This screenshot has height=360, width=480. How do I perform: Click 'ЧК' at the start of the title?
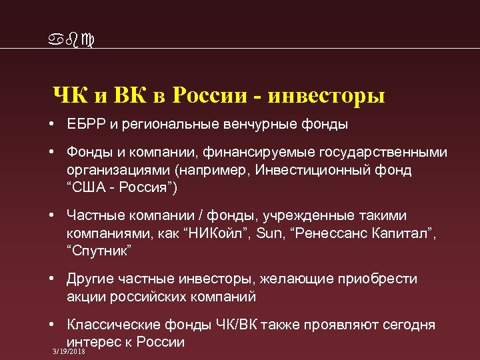65,95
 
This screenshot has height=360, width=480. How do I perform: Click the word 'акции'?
83,297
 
